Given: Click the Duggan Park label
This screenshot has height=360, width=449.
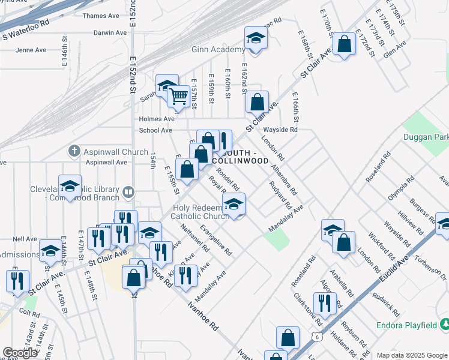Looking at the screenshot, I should tap(432, 137).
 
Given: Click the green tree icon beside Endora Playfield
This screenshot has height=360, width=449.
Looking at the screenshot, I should tap(444, 325).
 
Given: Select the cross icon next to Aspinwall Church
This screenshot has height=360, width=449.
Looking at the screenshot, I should tap(74, 151).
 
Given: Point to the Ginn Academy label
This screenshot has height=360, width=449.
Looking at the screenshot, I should tap(218, 50).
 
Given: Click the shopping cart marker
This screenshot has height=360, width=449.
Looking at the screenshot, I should tap(178, 96).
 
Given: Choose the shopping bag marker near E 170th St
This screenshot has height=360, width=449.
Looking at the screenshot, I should tap(344, 44).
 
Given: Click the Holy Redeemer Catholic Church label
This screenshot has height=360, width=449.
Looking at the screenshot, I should tap(196, 212).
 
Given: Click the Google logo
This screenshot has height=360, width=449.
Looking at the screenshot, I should tap(20, 353).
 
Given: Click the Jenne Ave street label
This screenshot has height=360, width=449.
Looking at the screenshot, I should tap(28, 50).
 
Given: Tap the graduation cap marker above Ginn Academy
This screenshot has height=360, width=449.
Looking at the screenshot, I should tap(256, 39).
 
